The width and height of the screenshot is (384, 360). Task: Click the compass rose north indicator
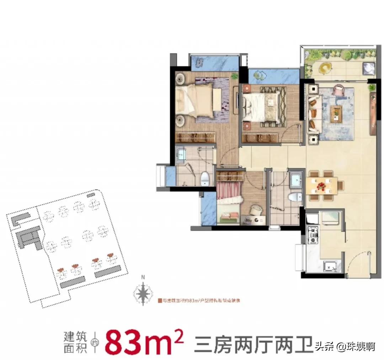pos(143,292)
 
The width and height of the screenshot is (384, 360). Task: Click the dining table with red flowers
pos(321,185)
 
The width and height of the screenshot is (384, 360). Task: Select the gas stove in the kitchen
pos(313,235)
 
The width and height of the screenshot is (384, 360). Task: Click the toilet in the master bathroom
pos(205,178)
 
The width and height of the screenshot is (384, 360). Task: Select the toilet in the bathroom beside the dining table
pos(294,198)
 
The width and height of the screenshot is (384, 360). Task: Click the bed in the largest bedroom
pos(197,100)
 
